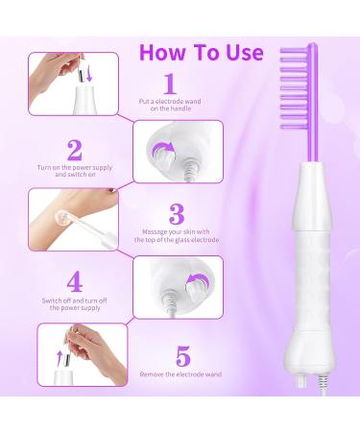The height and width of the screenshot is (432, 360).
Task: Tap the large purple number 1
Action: (170, 84)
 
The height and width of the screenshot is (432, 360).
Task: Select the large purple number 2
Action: (73, 150)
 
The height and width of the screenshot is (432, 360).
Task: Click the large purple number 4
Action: (73, 280)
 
